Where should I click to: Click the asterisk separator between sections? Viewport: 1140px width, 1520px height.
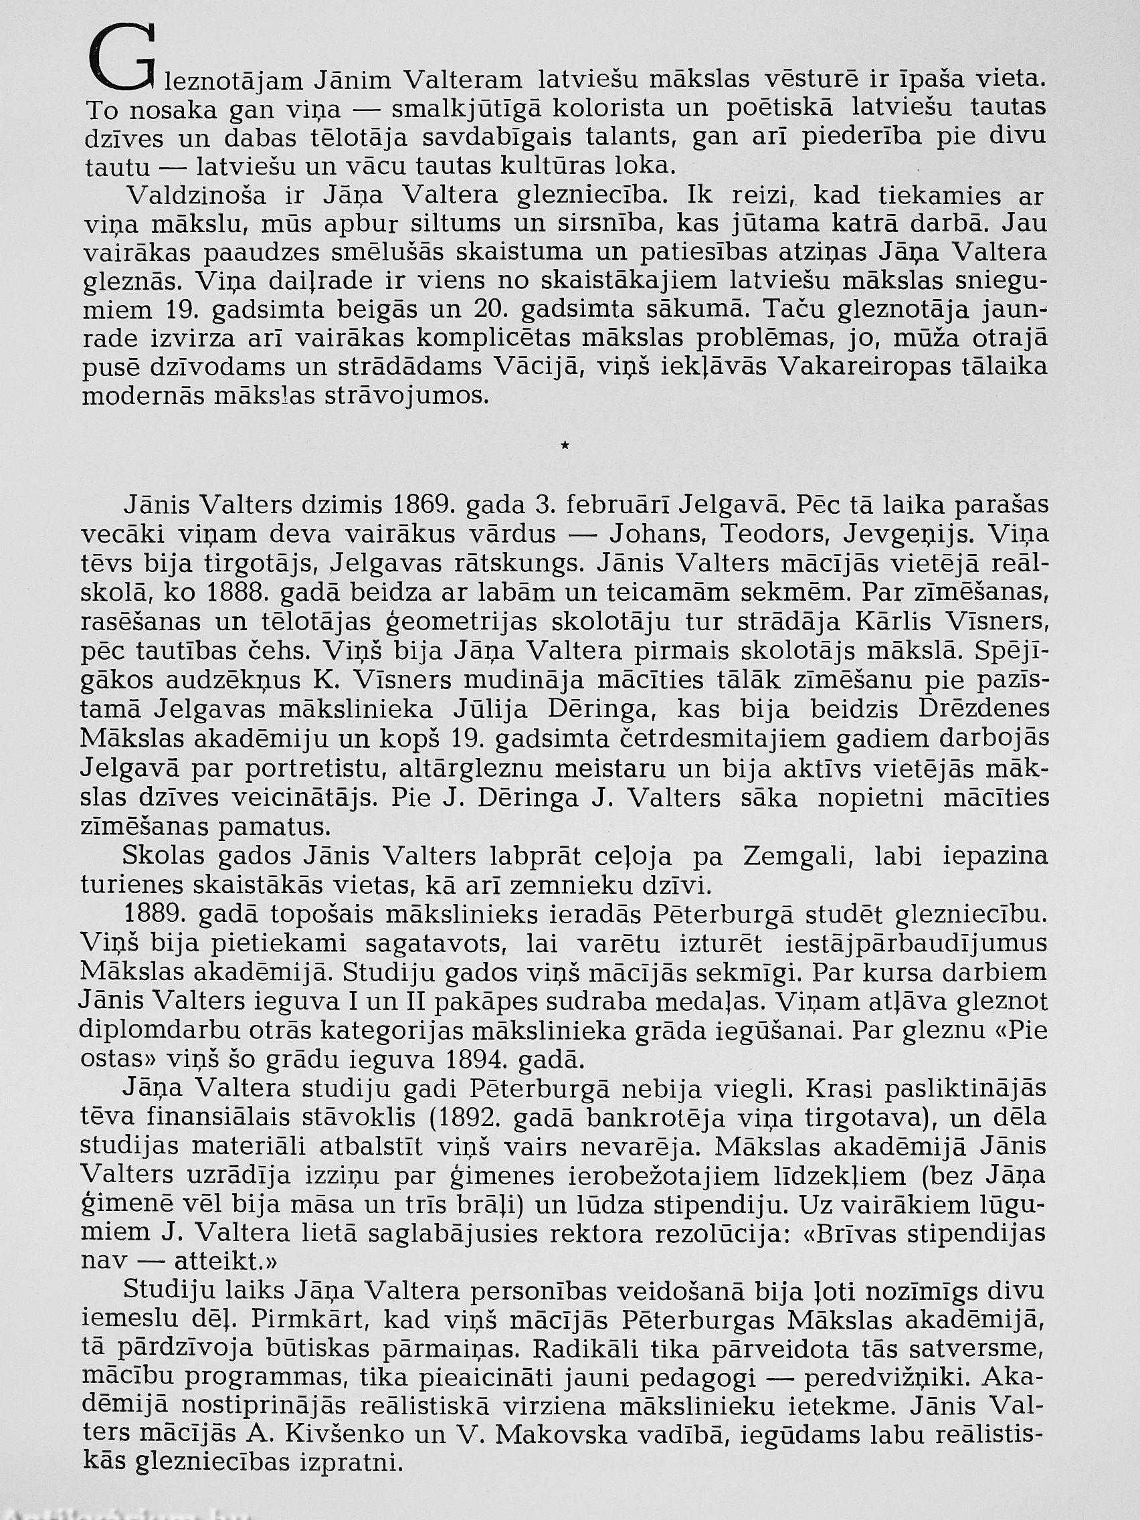point(565,447)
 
